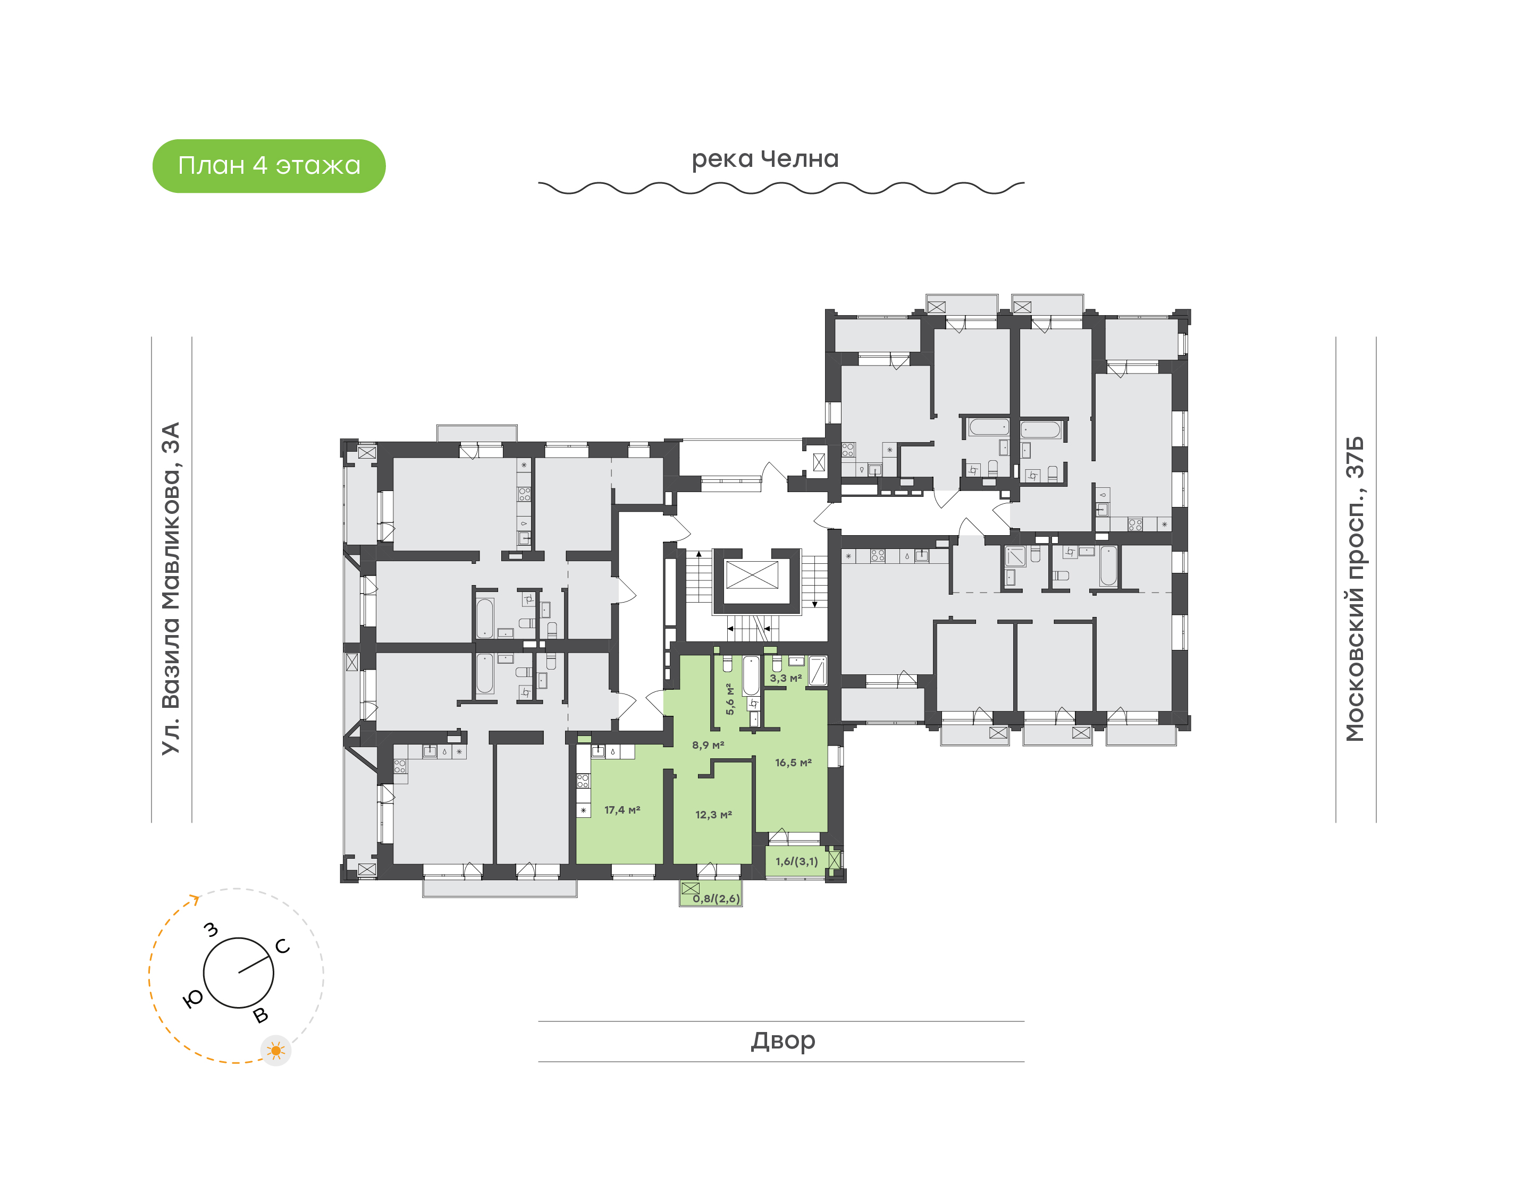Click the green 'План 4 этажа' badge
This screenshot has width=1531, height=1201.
pyautogui.click(x=268, y=166)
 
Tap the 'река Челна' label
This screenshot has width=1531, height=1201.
pyautogui.click(x=765, y=159)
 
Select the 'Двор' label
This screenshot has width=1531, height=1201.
pyautogui.click(x=783, y=1040)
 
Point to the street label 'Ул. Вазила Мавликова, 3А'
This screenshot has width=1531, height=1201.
pyautogui.click(x=171, y=589)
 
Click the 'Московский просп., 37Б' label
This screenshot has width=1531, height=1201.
pyautogui.click(x=1355, y=589)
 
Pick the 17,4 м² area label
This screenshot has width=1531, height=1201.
pyautogui.click(x=621, y=810)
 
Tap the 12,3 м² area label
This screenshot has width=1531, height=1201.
pyautogui.click(x=713, y=815)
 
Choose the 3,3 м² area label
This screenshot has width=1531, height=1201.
pyautogui.click(x=786, y=679)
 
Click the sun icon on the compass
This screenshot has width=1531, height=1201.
pyautogui.click(x=276, y=1051)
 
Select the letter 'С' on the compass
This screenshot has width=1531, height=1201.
pyautogui.click(x=283, y=946)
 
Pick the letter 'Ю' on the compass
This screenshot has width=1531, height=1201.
pyautogui.click(x=192, y=999)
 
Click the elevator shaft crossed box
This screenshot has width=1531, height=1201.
pyautogui.click(x=752, y=574)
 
